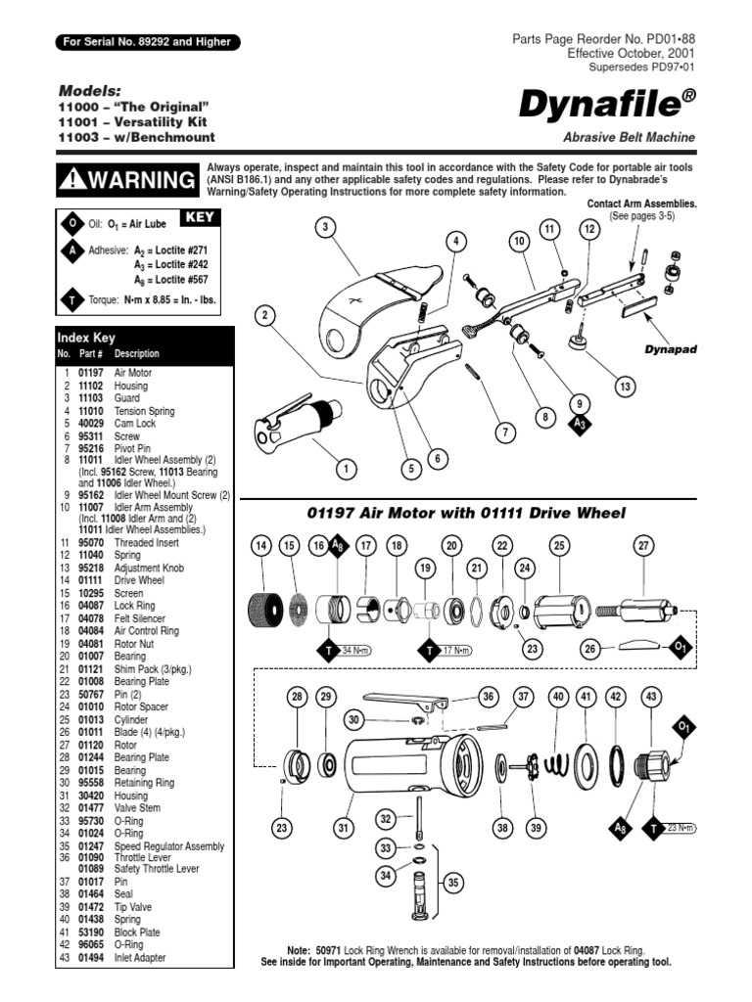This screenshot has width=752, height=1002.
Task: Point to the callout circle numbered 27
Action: pos(643,546)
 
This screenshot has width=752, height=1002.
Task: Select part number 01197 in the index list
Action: pos(88,373)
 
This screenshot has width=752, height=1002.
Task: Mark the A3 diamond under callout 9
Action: pos(580,424)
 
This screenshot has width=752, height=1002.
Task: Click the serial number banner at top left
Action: pos(147,42)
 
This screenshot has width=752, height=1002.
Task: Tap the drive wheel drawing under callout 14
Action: pos(260,607)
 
